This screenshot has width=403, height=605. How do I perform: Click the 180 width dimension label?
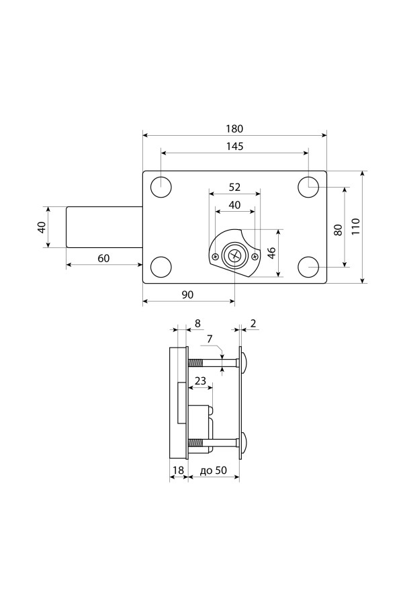tap(234, 128)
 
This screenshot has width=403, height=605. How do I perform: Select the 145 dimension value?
tap(234, 147)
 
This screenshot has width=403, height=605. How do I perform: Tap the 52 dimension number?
tap(234, 187)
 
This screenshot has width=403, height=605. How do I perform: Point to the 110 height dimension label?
tap(355, 227)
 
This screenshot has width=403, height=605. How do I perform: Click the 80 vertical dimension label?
tap(338, 230)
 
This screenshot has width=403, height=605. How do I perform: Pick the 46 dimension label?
tap(271, 253)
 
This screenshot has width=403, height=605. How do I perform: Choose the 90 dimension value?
tap(187, 295)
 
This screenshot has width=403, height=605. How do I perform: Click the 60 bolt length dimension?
tap(103, 259)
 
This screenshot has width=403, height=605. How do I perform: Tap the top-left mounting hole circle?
tap(161, 187)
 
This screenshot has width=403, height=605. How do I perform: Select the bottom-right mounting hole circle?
tap(308, 267)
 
